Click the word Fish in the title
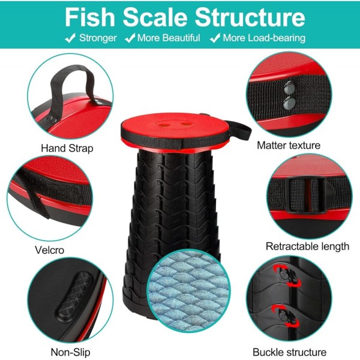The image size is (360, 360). (90, 17)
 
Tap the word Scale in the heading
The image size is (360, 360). (155, 17)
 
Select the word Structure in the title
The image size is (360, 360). (250, 17)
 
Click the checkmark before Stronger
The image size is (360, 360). (70, 38)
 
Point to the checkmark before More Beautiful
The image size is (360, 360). (130, 38)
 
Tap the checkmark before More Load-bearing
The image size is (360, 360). (215, 38)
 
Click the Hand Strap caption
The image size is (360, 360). (67, 148)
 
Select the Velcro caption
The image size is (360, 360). (49, 250)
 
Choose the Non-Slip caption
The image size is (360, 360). (70, 352)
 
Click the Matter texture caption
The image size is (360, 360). (289, 145)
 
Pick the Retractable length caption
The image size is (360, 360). (307, 247)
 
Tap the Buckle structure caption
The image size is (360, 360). (290, 352)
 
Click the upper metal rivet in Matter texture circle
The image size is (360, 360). (289, 88)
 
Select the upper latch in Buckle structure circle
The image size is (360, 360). (286, 275)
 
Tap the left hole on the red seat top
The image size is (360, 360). (164, 125)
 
